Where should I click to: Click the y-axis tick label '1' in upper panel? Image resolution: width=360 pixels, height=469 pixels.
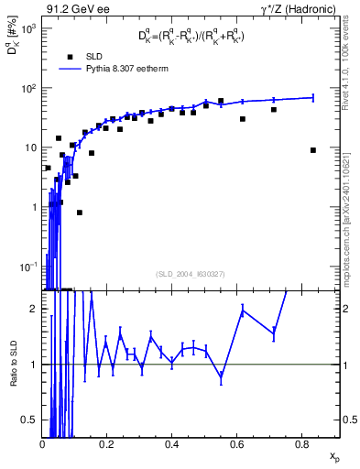[33, 207]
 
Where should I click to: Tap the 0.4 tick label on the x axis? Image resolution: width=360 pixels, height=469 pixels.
[172, 444]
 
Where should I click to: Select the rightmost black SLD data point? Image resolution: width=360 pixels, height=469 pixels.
[313, 150]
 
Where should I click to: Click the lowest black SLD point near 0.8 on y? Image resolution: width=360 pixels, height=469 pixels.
[80, 213]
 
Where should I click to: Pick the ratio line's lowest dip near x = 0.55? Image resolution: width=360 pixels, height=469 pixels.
[221, 376]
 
